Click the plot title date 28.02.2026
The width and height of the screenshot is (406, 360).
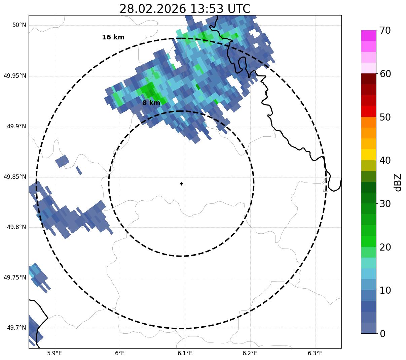tap(152, 9)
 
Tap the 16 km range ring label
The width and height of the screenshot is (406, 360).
tap(113, 37)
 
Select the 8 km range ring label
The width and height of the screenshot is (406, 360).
tap(151, 103)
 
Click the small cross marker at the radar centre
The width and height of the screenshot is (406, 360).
tap(182, 184)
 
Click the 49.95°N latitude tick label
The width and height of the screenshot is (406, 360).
tap(15, 76)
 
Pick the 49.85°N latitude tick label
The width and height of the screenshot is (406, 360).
tap(15, 177)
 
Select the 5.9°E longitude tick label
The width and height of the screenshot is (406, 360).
tap(54, 353)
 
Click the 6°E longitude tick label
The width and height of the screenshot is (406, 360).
tap(120, 353)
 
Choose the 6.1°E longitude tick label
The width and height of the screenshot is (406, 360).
tap(185, 353)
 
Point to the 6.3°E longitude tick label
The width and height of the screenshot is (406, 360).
tap(315, 353)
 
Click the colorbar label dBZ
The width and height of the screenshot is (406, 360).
tap(398, 182)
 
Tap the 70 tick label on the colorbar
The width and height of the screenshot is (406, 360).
tap(385, 31)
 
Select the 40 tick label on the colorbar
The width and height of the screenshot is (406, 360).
tap(385, 161)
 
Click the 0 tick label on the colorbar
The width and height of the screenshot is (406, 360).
tap(382, 334)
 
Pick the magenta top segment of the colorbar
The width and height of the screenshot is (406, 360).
tap(368, 35)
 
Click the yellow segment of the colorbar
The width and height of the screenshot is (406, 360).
tap(368, 155)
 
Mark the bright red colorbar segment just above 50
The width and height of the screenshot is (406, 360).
tap(368, 111)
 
